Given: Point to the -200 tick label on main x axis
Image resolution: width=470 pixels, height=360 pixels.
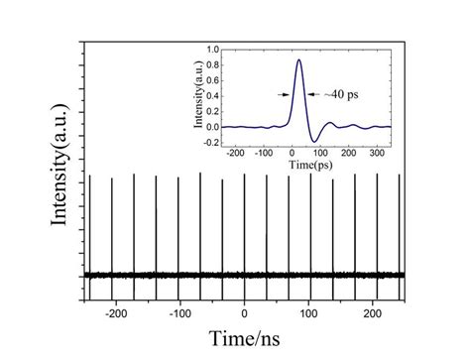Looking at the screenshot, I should coord(115,314).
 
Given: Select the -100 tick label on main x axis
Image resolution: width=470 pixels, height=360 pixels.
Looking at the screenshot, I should coord(179,314).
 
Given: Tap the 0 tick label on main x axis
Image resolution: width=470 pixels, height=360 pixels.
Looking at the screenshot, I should coord(246,314).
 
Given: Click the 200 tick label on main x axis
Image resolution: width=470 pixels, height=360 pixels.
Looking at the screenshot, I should coord(373,314).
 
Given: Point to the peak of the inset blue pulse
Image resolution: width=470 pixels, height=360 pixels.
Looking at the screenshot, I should coord(298,60).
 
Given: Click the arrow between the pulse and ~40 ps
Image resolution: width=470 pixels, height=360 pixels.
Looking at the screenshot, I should coord(313,94).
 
